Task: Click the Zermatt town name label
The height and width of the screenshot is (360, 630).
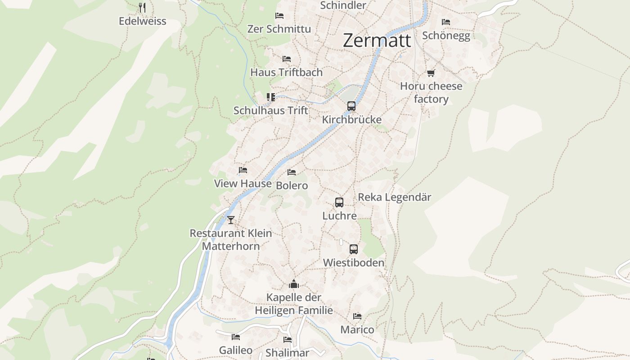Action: click(377, 40)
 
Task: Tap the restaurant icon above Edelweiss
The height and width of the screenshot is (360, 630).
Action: click(142, 7)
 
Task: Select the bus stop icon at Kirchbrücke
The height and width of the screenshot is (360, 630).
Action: click(351, 106)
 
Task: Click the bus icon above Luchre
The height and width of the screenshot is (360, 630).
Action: click(339, 202)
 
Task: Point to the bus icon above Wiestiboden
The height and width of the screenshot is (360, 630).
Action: click(354, 249)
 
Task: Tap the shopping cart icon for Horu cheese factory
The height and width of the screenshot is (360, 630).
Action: click(431, 73)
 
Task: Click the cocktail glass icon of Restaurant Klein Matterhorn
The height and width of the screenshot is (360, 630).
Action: click(231, 220)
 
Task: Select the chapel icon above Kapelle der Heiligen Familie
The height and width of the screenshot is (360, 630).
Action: click(294, 284)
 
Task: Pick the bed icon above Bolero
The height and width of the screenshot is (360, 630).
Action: click(292, 172)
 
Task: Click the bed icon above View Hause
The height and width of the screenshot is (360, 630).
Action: click(243, 170)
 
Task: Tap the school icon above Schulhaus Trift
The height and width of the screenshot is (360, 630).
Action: click(270, 97)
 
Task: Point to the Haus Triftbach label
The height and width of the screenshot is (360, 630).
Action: click(286, 72)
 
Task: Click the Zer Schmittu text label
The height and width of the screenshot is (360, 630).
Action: click(279, 29)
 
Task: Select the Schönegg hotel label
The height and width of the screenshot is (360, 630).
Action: click(446, 36)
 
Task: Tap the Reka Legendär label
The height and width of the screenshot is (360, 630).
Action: click(394, 197)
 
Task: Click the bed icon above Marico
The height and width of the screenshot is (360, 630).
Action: click(357, 316)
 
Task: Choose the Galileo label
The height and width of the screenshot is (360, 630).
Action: click(235, 350)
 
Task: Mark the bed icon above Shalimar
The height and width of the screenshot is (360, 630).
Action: click(288, 340)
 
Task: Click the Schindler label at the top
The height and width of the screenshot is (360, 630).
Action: click(343, 5)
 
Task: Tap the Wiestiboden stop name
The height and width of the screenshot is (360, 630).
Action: click(354, 262)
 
